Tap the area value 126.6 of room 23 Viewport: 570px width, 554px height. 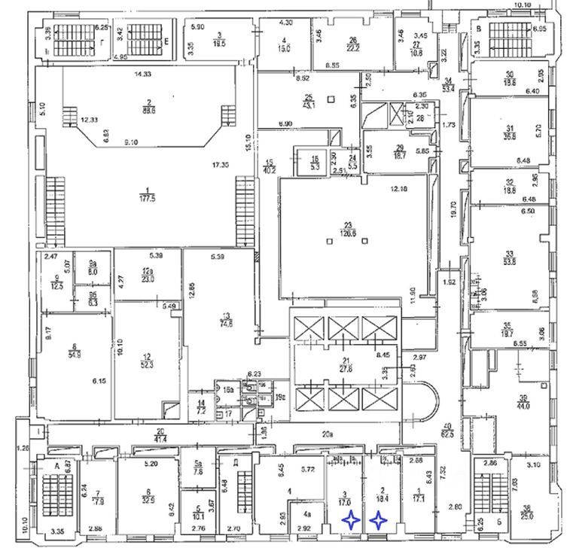(348, 234)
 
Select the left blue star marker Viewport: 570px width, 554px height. (351, 519)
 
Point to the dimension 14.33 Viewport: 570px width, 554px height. (139, 75)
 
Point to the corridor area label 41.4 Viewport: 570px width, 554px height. (160, 438)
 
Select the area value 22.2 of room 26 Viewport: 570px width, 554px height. (352, 47)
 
